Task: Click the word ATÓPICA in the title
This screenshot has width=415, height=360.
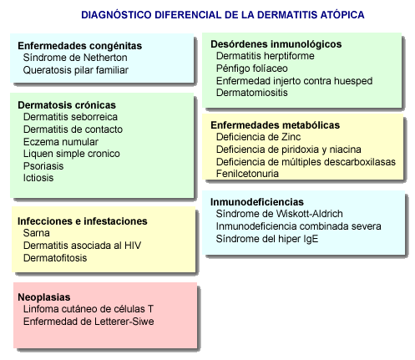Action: click(x=342, y=14)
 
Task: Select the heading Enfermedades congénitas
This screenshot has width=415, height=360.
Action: click(x=80, y=46)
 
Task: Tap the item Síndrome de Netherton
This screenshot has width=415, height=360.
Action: click(x=75, y=58)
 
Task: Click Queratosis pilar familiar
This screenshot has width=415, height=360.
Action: click(x=76, y=70)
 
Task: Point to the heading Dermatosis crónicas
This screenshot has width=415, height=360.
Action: click(x=67, y=105)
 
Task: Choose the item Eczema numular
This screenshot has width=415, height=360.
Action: click(x=61, y=142)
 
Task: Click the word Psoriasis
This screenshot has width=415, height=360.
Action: click(x=43, y=166)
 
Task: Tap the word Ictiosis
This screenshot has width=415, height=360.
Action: click(x=38, y=178)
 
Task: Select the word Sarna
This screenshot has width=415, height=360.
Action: click(x=37, y=233)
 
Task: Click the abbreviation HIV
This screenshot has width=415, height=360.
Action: click(x=133, y=246)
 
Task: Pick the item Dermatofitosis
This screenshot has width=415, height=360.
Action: click(x=55, y=258)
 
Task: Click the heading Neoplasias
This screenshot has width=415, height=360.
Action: click(x=44, y=297)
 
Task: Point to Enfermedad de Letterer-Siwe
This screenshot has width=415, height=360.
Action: click(x=89, y=322)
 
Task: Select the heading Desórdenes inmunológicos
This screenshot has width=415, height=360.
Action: click(x=276, y=44)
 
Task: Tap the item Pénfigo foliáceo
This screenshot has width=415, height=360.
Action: click(x=252, y=68)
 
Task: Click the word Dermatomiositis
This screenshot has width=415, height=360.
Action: click(x=252, y=93)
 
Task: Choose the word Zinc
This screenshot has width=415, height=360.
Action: click(x=291, y=137)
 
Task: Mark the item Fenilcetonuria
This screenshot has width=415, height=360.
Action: click(x=247, y=174)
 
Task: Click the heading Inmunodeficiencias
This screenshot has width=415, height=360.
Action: click(x=257, y=202)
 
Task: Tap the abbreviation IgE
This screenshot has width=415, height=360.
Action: click(x=311, y=239)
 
